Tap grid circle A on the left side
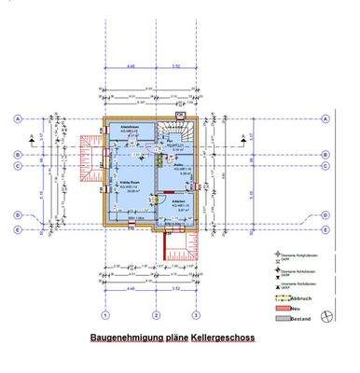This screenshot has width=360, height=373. click(18, 119)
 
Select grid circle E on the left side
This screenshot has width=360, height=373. click(18, 228)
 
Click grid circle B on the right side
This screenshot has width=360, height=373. click(325, 154)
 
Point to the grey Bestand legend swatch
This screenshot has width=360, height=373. click(270, 319)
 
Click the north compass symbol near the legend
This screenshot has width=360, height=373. click(325, 314)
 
